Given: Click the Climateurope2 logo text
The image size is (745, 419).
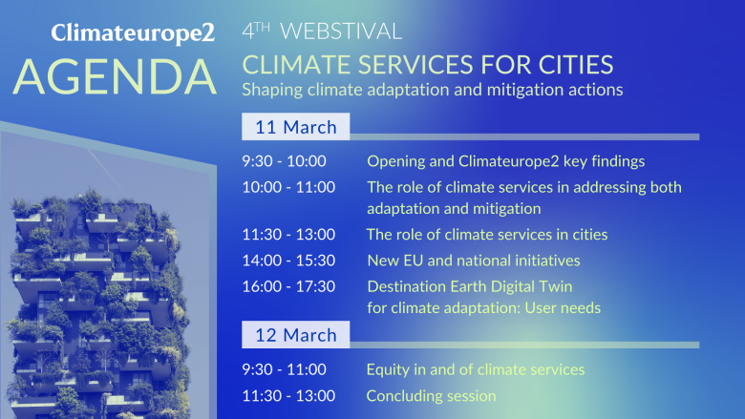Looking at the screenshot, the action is [133, 33].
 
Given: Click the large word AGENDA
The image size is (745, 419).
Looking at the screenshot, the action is [115, 77].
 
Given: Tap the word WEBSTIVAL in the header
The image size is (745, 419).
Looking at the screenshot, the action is [341, 31].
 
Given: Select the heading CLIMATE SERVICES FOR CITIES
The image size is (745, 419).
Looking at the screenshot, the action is [428, 65].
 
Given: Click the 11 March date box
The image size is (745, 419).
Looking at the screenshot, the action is [295, 127].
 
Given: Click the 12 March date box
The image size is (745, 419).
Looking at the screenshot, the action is [295, 335].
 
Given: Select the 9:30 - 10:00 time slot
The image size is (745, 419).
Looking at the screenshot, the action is [284, 161].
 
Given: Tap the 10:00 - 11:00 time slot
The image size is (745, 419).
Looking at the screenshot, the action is [288, 187].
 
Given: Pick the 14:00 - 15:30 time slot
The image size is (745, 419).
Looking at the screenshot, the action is [288, 260].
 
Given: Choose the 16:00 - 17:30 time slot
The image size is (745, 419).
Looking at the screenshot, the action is [288, 286].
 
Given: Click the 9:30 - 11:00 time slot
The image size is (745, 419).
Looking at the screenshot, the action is [284, 369].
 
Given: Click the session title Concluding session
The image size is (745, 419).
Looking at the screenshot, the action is [431, 395].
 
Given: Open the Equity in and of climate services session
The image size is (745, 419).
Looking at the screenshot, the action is [476, 369].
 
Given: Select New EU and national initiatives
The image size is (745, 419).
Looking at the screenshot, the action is [474, 260].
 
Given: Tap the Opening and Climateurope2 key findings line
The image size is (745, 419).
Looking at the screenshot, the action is [506, 161].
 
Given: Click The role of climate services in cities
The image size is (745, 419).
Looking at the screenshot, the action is [487, 235].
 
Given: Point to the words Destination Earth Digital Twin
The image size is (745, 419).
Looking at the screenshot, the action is [470, 286].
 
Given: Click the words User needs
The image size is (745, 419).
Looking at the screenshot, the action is [563, 308].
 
